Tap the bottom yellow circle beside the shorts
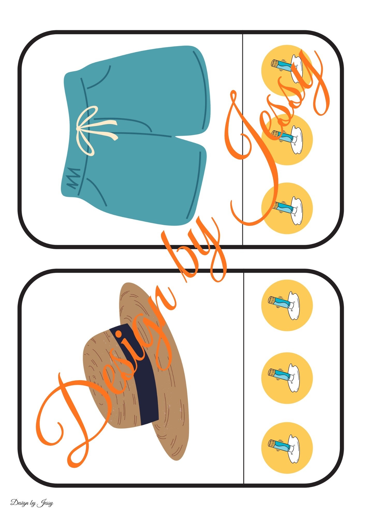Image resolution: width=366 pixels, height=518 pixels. click(287, 208)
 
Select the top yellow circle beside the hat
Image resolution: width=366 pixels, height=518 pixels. click(287, 305)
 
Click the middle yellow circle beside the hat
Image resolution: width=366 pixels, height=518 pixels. click(287, 378)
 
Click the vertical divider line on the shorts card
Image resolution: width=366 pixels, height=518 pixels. click(243, 139)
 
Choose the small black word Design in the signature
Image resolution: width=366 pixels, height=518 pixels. click(20, 503)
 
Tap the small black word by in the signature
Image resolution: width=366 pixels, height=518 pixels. click(33, 503)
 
